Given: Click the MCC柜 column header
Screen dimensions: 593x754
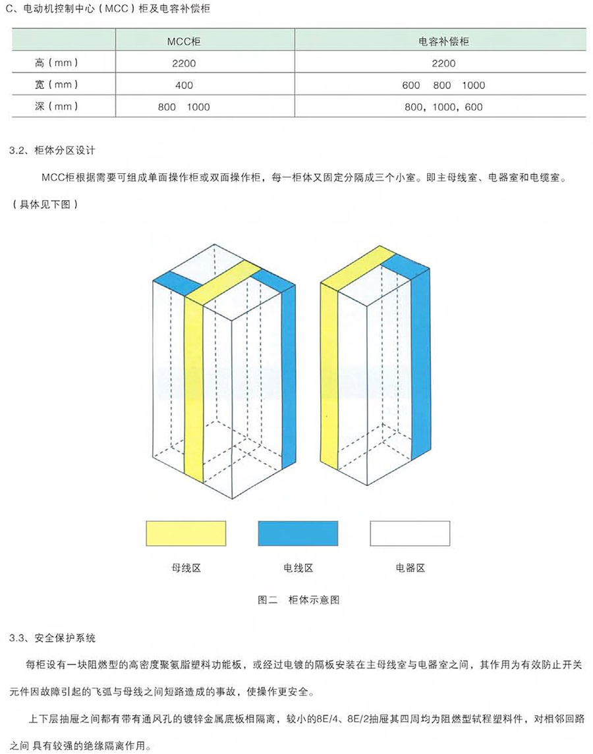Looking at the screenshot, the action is coord(184,41).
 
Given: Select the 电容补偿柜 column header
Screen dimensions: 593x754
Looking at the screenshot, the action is coord(444,41).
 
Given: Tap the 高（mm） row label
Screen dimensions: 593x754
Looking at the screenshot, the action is coord(56,63).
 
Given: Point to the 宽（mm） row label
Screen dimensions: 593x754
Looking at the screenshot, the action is coord(56,85).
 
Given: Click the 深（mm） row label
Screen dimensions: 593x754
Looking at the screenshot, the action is coord(56,106).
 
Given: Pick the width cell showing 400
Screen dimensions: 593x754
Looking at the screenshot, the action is coord(184,85).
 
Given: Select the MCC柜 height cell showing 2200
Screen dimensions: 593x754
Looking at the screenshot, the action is coord(184,63).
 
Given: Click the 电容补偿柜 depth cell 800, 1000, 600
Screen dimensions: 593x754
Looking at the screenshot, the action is coord(443,107).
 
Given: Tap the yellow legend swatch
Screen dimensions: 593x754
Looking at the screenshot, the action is coord(186,533).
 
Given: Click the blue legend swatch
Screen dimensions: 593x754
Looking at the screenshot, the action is coord(298,533).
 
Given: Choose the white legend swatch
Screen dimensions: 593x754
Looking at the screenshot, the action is coord(410,533).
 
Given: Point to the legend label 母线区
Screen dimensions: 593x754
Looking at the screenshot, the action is coord(186,568).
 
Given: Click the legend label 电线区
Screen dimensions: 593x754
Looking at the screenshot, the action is coord(298,568).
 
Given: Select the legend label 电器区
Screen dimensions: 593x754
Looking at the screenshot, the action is coord(410,568).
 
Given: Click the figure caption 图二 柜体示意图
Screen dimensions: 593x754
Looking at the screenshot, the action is coord(298,600).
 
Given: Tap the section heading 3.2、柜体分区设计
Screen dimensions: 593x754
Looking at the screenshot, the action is coord(52,150).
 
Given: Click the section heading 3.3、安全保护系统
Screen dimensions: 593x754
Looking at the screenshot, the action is coord(52,638).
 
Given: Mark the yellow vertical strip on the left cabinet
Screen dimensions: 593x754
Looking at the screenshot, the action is coord(194,389).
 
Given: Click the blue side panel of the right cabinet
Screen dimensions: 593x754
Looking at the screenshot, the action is coord(420,365).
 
